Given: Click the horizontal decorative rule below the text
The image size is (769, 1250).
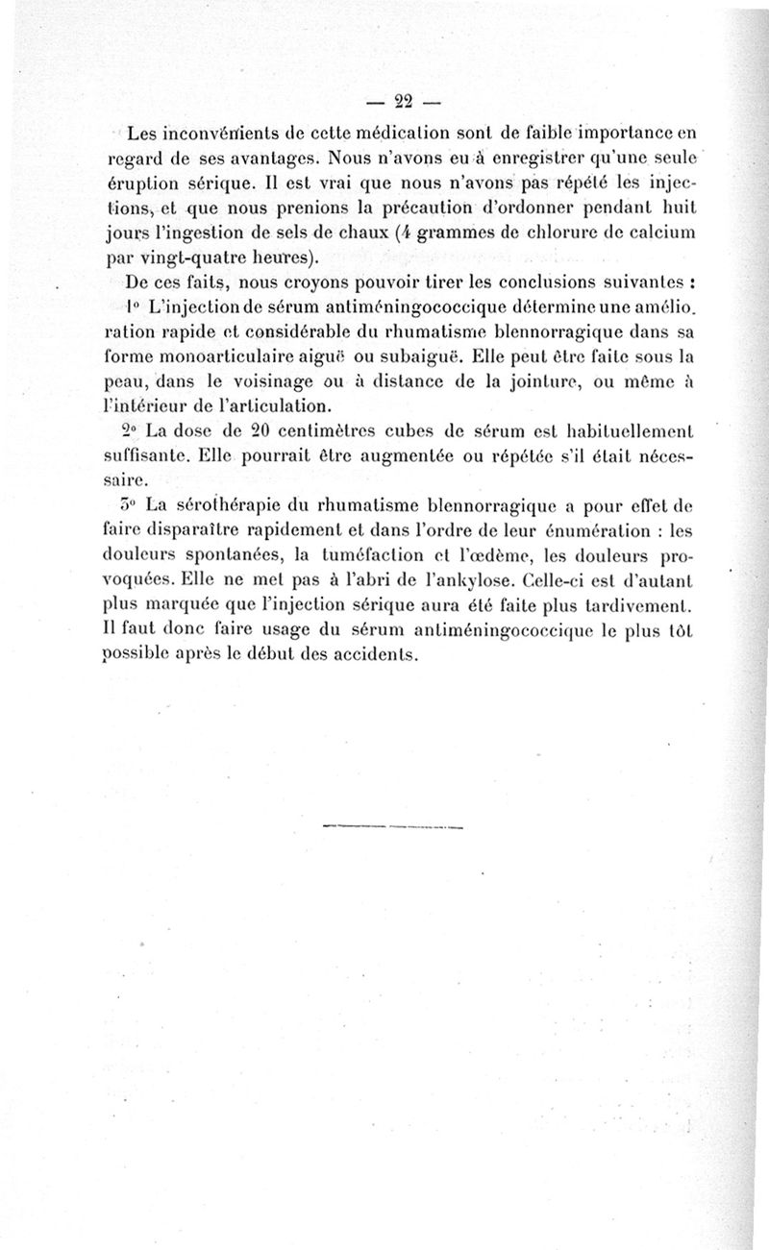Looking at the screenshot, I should tap(393, 826).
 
